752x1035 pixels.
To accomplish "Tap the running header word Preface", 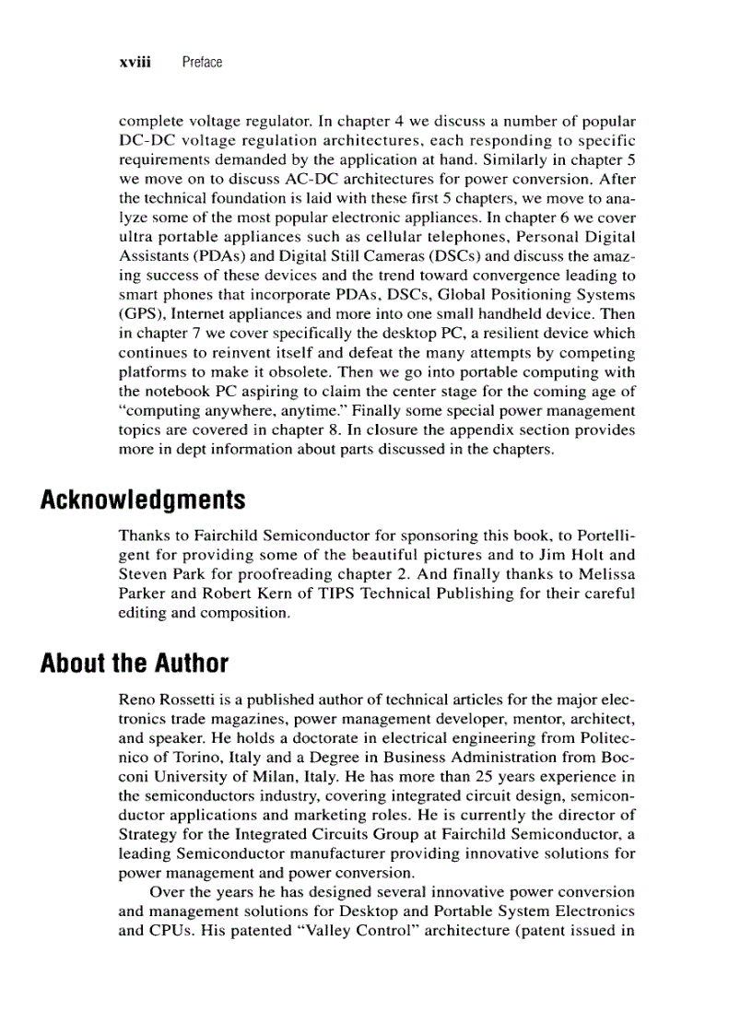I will coord(202,62).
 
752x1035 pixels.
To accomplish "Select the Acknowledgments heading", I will coord(143,500).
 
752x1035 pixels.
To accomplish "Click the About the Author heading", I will coord(135,663).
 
